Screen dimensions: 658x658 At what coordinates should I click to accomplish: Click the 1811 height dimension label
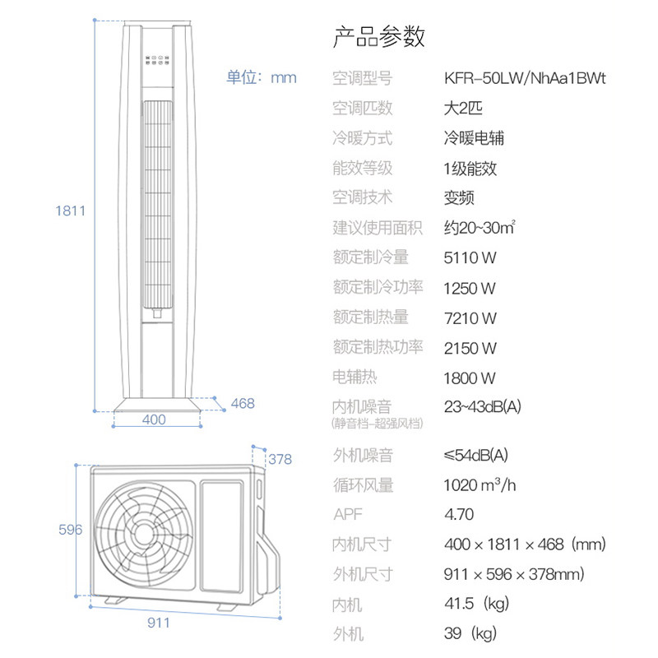coord(71,211)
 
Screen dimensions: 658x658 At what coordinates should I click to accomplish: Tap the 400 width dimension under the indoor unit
coord(154,419)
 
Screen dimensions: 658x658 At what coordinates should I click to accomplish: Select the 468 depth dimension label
coord(243,403)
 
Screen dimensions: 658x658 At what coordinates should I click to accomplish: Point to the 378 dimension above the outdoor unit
coord(280,459)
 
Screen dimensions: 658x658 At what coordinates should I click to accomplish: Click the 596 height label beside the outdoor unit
coord(71,530)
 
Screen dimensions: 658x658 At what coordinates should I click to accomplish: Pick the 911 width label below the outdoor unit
coord(159,623)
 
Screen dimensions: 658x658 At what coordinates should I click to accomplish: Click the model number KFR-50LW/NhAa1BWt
coord(525,78)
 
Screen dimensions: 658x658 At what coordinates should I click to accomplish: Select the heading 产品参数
coord(379,36)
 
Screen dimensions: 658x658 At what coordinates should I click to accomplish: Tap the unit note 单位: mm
coord(262,77)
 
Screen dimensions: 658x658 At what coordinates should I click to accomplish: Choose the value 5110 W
coord(470,257)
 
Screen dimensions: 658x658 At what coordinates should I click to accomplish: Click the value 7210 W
coord(470,318)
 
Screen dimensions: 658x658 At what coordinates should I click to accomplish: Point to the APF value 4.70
coord(459,515)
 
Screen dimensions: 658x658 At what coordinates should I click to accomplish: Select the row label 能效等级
coord(363,169)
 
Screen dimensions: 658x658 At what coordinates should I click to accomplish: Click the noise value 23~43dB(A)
coord(483,406)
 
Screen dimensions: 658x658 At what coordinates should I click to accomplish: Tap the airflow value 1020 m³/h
coord(480,485)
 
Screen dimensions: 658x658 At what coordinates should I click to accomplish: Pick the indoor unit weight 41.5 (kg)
coord(477,604)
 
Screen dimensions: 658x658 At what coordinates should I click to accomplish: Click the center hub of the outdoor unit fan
coord(144,534)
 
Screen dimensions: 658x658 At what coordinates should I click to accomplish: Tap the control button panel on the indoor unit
coord(157,60)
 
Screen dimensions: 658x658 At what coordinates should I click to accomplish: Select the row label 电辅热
coord(354,377)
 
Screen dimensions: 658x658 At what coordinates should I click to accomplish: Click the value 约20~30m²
coord(480,228)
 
